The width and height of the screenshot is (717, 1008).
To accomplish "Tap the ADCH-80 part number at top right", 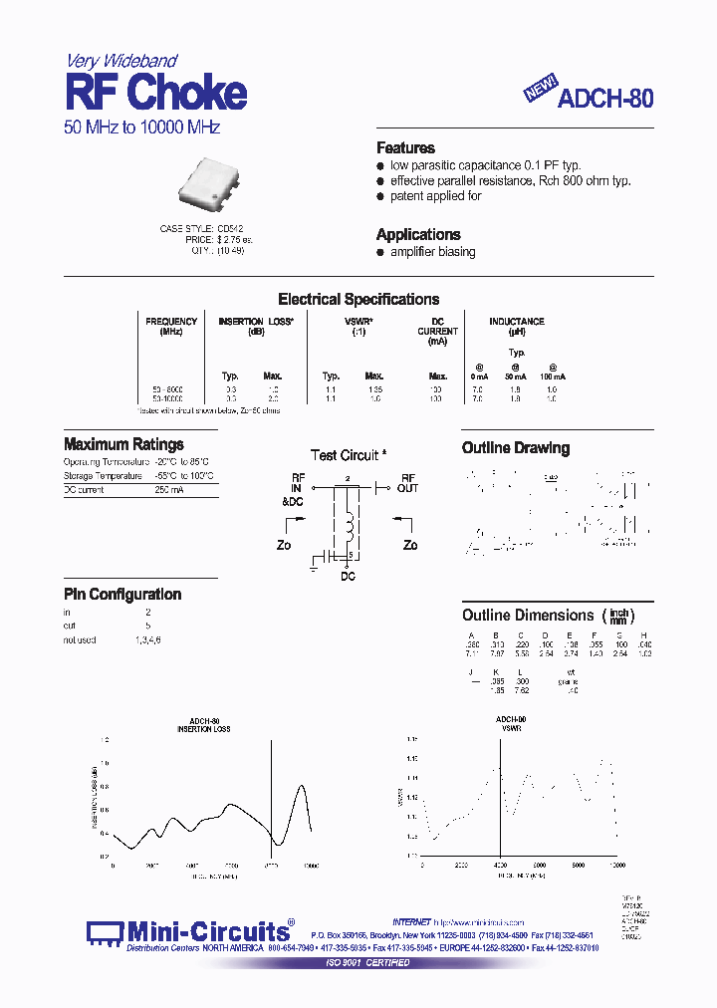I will click(605, 99).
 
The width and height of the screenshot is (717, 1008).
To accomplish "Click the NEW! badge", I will click(542, 90).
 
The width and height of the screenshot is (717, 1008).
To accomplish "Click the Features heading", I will click(405, 147).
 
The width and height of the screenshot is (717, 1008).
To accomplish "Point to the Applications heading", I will click(418, 234).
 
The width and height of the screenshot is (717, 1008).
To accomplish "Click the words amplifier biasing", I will click(432, 252).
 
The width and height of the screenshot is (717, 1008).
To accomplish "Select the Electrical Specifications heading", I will click(358, 299).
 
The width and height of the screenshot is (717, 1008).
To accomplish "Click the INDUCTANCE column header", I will click(516, 321).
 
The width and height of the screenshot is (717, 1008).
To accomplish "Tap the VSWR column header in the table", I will click(358, 321).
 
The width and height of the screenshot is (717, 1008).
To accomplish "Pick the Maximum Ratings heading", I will click(123, 444).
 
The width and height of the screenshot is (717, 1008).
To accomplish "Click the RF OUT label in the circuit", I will click(407, 482).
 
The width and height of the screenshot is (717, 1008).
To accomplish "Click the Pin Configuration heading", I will click(122, 595).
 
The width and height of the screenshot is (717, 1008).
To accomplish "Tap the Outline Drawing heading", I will click(515, 448).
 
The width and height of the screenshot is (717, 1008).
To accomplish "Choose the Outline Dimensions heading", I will click(528, 615).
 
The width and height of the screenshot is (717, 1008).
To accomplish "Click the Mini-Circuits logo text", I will click(208, 932).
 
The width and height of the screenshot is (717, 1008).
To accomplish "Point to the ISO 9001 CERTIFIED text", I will click(368, 963).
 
